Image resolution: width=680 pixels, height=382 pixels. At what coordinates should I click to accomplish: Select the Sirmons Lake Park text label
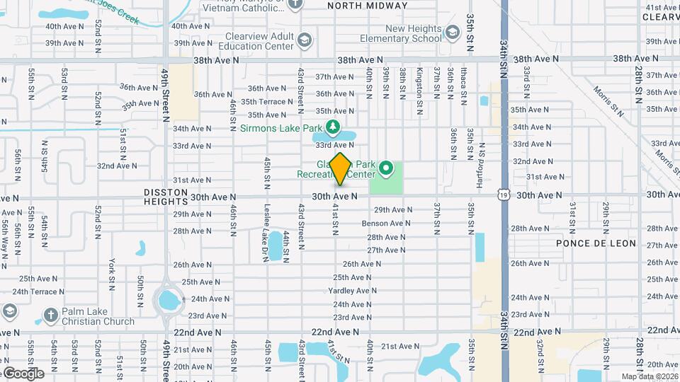281,128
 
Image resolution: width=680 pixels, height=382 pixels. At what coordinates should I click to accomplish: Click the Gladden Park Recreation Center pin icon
386,168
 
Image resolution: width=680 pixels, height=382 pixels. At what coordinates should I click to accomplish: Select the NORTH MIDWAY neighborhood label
368,6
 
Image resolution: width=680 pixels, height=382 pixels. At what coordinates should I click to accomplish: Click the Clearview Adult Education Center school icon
305,40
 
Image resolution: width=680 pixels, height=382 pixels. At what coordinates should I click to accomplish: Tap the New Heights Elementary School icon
452,32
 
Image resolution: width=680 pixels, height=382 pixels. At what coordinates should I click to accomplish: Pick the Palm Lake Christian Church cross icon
50,313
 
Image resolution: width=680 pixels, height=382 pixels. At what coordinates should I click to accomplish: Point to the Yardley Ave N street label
353,291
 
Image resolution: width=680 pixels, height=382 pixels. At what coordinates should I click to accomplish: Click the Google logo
23,374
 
